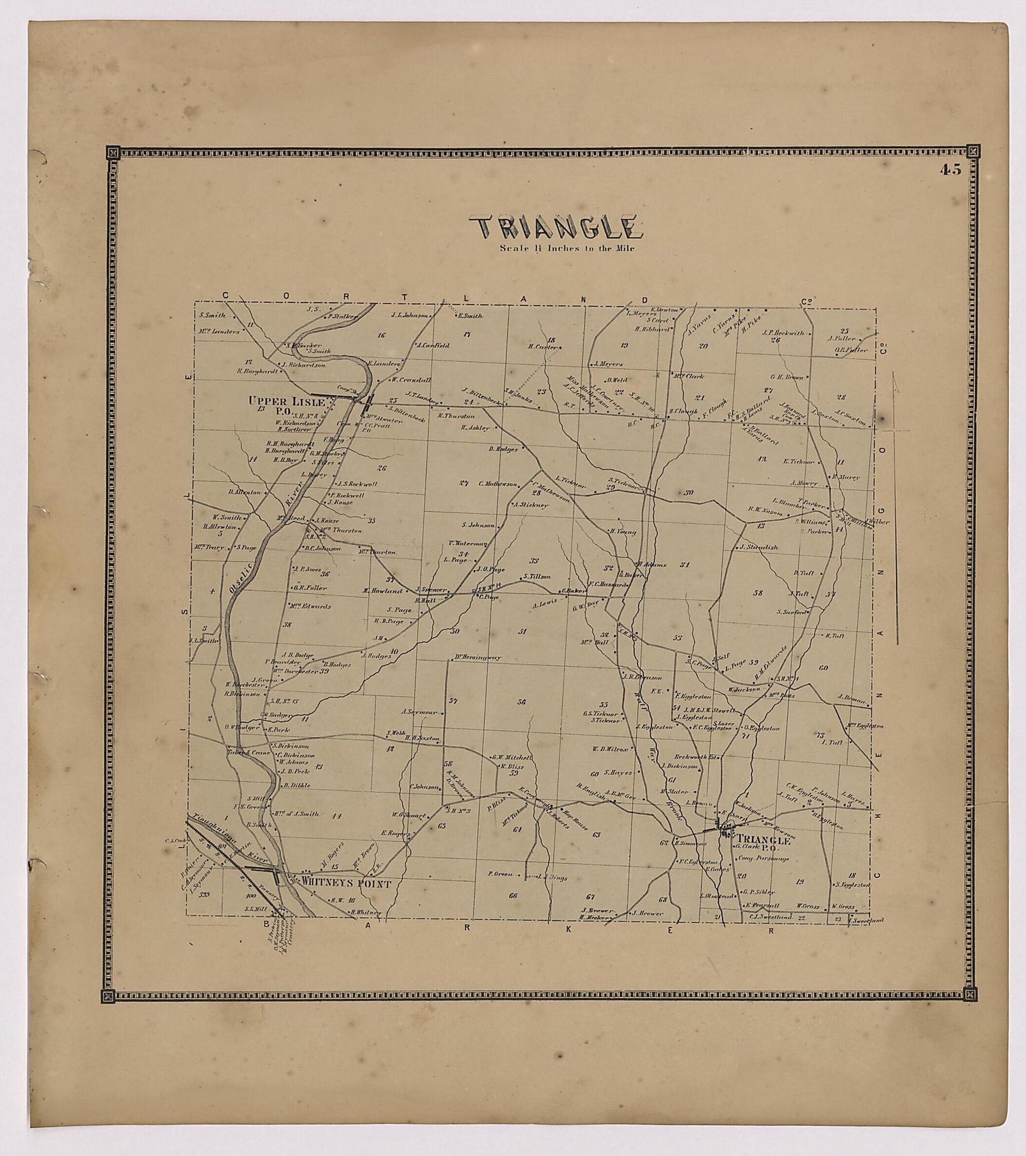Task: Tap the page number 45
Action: tap(950, 170)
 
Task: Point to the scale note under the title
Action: tap(567, 248)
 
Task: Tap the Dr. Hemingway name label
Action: tap(477, 658)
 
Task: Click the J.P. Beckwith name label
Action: tap(782, 333)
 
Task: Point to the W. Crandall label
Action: tap(410, 380)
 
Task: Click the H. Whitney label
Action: tap(366, 912)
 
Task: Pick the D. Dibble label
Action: tap(297, 785)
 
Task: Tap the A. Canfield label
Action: tap(432, 345)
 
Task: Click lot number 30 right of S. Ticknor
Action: tap(688, 492)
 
